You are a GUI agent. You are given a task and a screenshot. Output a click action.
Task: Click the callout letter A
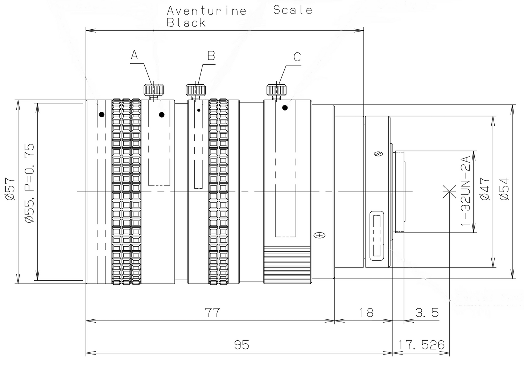tap(134, 55)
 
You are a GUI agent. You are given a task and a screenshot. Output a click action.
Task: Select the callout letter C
tap(297, 57)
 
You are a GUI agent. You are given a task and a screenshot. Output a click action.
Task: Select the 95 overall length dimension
tap(242, 344)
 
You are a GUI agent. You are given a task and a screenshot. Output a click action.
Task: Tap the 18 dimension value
tap(367, 312)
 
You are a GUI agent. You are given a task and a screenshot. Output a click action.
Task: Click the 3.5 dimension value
tap(427, 312)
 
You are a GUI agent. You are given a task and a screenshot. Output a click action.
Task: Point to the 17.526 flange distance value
tap(421, 344)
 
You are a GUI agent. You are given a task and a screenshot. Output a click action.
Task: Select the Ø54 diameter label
tap(504, 189)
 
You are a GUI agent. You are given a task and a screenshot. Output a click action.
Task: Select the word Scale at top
tap(293, 10)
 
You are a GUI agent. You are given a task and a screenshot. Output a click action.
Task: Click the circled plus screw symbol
tap(319, 235)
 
